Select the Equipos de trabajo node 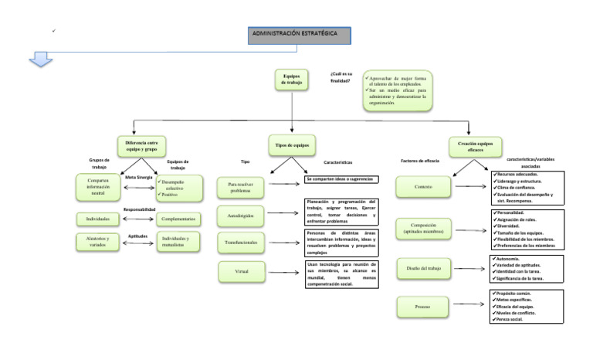point(291,80)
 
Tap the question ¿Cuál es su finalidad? point(341,76)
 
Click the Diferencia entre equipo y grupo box point(141,145)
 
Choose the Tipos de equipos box point(291,144)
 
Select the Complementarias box point(178,219)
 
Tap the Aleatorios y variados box point(97,242)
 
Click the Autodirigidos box point(241,213)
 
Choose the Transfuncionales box point(241,243)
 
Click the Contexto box point(422,186)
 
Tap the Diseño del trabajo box point(422,268)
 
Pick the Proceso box point(422,307)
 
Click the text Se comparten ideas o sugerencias point(341,179)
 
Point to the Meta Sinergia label point(139,178)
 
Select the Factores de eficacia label point(420,161)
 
